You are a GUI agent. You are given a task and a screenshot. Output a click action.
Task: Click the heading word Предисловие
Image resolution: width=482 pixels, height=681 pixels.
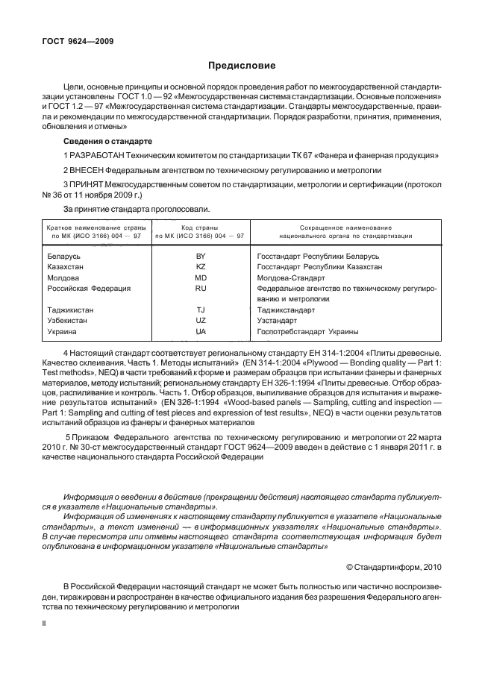[x=240, y=66]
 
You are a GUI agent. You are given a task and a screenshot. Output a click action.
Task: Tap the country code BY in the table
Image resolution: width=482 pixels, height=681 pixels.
[x=200, y=256]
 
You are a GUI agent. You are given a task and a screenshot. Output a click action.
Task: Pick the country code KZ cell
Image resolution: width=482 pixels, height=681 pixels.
[x=200, y=266]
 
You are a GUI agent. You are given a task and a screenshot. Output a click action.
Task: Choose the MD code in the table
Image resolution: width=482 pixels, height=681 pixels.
[x=200, y=277]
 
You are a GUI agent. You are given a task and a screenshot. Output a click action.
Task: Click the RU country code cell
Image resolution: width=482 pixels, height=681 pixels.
[x=200, y=287]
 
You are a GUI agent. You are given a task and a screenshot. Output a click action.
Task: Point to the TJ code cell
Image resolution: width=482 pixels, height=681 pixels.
[x=200, y=310]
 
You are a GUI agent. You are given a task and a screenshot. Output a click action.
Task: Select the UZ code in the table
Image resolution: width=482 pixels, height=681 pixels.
[x=200, y=320]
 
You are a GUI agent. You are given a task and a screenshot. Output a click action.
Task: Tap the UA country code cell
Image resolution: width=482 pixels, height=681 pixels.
[x=200, y=330]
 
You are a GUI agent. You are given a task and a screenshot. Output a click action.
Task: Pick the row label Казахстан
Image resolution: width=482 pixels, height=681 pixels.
[x=66, y=266]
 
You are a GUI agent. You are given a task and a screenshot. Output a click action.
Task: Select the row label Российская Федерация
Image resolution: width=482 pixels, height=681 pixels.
[x=89, y=287]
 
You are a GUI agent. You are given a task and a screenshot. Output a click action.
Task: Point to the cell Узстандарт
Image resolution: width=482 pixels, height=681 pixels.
[x=276, y=320]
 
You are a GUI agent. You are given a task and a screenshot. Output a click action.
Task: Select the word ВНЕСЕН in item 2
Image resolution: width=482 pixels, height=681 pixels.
[x=86, y=169]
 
